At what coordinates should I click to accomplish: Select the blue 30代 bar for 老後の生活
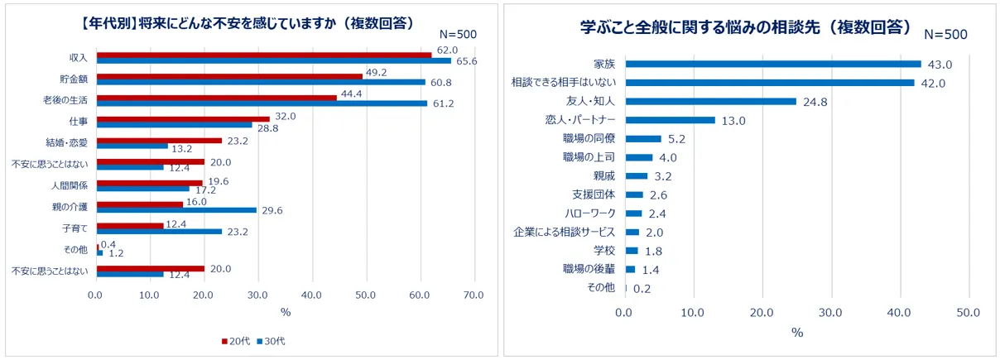click(262, 103)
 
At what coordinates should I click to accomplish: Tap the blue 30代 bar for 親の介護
click(176, 210)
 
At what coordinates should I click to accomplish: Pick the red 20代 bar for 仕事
click(183, 118)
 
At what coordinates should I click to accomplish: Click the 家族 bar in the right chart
click(773, 64)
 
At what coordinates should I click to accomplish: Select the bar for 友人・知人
click(710, 102)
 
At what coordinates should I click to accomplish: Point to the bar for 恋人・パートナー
click(670, 121)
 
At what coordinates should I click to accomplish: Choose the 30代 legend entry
click(272, 341)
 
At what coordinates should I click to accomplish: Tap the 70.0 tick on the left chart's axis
click(474, 294)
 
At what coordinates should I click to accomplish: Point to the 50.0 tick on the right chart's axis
click(967, 312)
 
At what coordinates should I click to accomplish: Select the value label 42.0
click(933, 83)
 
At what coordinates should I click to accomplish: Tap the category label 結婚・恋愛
click(72, 143)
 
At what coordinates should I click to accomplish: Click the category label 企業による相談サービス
click(565, 233)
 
